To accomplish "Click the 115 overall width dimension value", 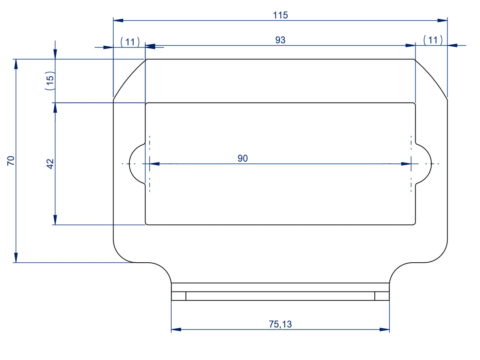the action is [x=280, y=15].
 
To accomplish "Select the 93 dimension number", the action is [x=280, y=40].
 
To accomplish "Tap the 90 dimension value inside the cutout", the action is [x=242, y=158].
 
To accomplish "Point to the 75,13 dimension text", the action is [x=280, y=324].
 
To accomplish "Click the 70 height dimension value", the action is [x=11, y=161].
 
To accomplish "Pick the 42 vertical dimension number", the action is [x=50, y=164].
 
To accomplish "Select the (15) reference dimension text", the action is [x=50, y=80].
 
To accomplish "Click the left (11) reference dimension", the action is [x=130, y=42].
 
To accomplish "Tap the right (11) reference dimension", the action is [x=433, y=40].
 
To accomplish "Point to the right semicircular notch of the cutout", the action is [x=431, y=164].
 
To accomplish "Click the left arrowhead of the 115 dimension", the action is [x=118, y=20].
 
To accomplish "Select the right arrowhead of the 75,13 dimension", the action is [x=384, y=330].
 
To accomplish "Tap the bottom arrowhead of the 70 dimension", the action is [x=16, y=258].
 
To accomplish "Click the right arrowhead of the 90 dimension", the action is [x=406, y=164].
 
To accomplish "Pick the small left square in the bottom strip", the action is [x=179, y=296].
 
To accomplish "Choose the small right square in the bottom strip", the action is [x=382, y=296].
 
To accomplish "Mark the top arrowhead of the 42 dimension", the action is [x=55, y=108].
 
